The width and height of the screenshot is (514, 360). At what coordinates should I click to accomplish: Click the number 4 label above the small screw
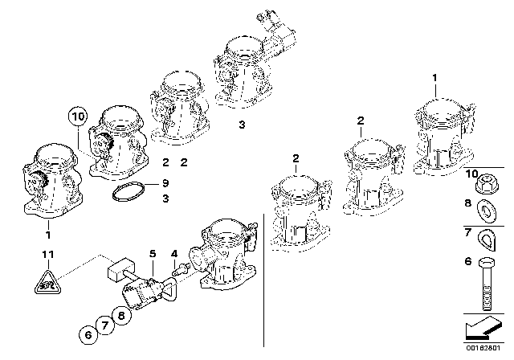click(x=174, y=255)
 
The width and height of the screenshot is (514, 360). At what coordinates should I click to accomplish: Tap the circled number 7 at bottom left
click(x=103, y=326)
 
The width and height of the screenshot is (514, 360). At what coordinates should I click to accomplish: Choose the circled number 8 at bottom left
click(x=122, y=317)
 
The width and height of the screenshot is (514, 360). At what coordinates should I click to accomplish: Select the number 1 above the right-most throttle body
click(x=435, y=77)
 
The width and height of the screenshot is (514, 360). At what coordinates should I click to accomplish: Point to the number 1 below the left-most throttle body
click(x=48, y=235)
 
